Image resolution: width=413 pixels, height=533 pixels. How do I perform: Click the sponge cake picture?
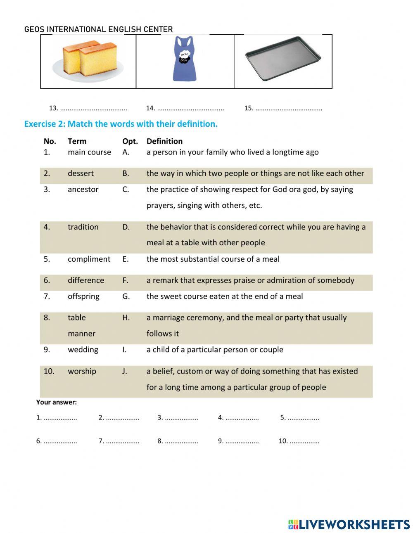point(88,61)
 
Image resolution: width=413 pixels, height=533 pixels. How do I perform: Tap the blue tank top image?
point(184,59)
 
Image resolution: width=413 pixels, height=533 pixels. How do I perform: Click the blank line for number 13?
point(93,109)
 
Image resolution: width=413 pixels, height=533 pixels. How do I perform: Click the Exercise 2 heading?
point(121,124)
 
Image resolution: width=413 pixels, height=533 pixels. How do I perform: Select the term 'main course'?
point(89,152)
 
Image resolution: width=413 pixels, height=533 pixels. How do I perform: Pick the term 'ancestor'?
point(83,190)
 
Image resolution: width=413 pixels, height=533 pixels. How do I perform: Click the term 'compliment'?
point(89,259)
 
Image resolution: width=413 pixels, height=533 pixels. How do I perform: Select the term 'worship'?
point(82,371)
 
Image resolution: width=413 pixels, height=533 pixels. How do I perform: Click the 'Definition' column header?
point(164,141)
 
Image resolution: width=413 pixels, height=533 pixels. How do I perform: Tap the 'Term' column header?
point(77,141)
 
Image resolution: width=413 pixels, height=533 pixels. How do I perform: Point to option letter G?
point(126,296)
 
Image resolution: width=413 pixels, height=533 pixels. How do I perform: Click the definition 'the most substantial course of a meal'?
point(213,259)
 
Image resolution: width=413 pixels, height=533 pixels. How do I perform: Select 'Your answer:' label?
point(56,402)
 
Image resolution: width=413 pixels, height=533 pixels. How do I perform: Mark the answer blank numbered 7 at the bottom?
point(122,441)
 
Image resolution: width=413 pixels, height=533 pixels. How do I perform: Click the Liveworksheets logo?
point(349,524)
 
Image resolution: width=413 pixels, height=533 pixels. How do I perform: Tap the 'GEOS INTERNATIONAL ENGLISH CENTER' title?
point(98,29)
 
